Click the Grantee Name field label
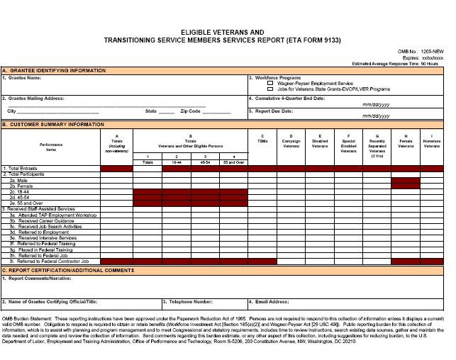click(23, 78)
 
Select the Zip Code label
click(190, 111)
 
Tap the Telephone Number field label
click(189, 300)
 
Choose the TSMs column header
click(262, 140)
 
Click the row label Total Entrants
click(21, 169)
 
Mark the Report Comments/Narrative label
click(37, 277)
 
